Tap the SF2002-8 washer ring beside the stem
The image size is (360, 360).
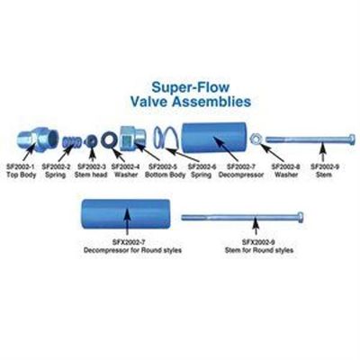click(259, 139)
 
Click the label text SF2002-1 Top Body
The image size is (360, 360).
click(35, 170)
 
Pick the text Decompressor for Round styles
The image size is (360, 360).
click(126, 247)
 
